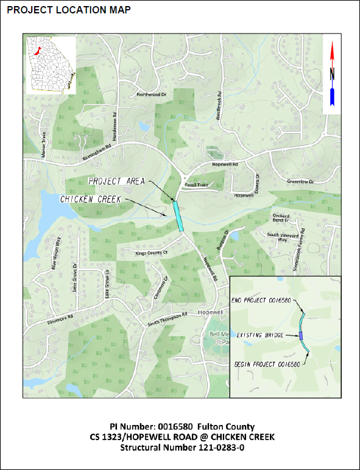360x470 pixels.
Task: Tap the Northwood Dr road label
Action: click(151, 95)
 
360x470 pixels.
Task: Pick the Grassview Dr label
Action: click(299, 182)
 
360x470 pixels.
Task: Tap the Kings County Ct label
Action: click(151, 252)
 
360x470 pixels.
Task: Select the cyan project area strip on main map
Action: click(179, 216)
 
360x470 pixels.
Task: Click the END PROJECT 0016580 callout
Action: click(261, 300)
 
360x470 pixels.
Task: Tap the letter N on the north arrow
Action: click(332, 74)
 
